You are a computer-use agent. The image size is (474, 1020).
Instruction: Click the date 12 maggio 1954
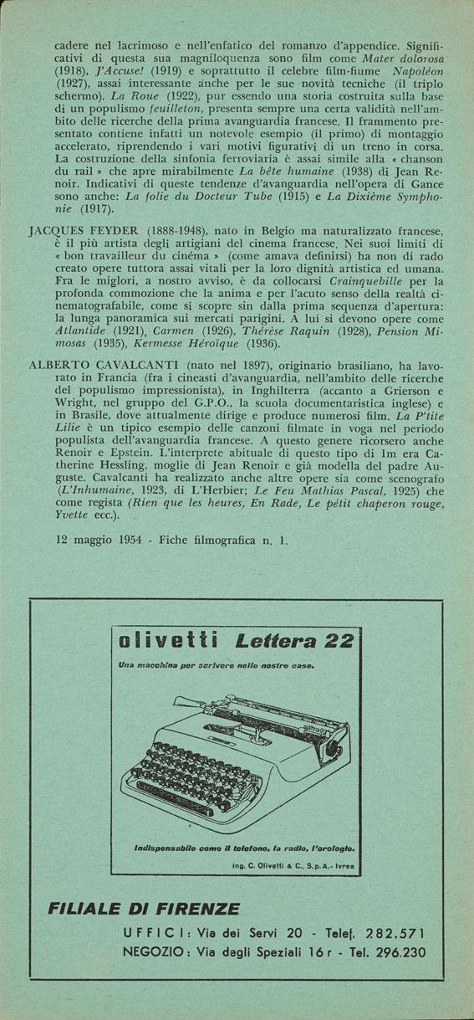pos(99,539)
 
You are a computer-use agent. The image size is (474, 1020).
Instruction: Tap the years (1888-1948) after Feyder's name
pos(179,228)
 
